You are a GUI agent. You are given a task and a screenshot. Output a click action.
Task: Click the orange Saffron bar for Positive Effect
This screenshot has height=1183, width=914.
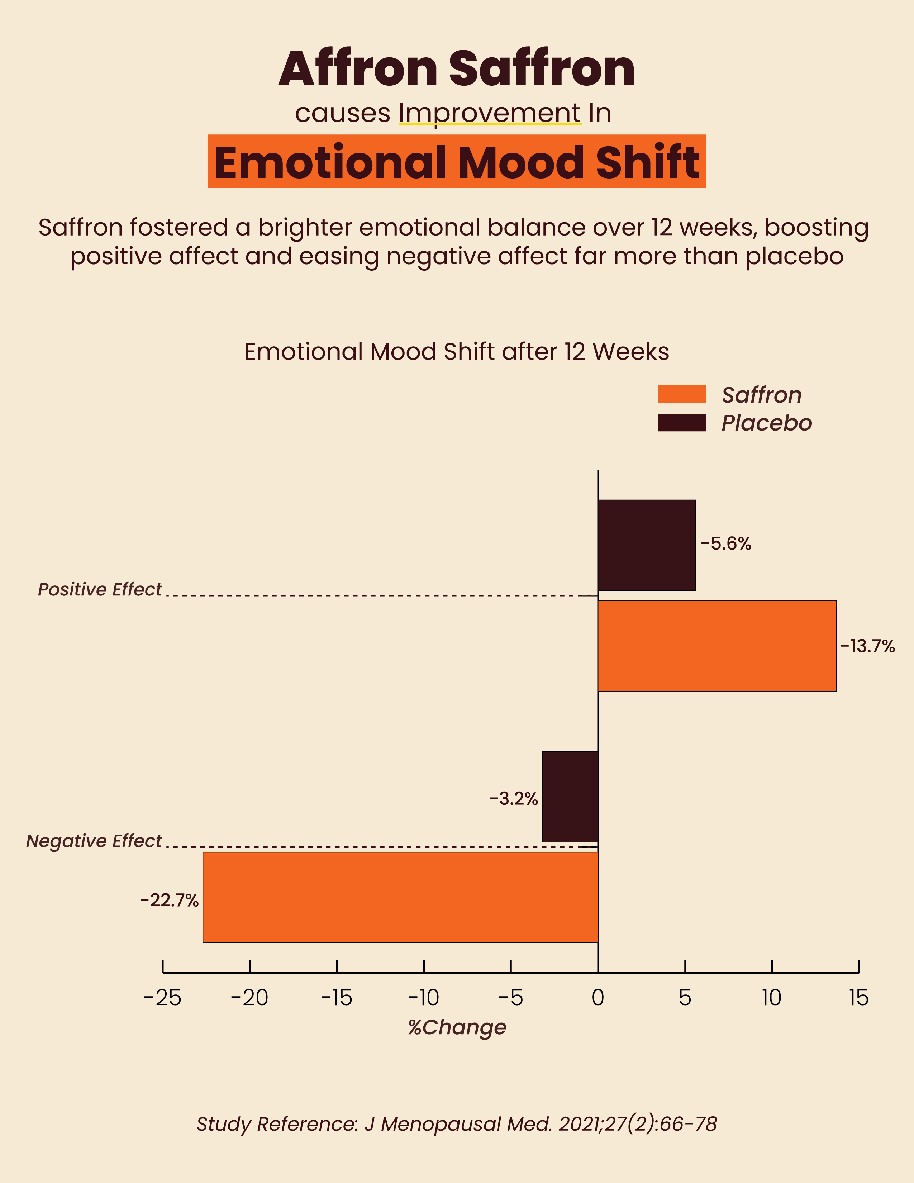pos(717,646)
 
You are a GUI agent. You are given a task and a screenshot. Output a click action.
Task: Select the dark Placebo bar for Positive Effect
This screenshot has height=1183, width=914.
pos(647,545)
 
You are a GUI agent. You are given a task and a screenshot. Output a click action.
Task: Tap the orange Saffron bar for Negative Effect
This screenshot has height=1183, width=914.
pos(400,898)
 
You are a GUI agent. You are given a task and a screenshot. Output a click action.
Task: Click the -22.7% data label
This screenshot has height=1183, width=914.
pos(170,900)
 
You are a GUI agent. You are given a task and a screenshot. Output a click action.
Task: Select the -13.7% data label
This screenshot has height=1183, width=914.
pos(867,646)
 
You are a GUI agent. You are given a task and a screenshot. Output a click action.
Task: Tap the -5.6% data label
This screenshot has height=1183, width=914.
pos(725,544)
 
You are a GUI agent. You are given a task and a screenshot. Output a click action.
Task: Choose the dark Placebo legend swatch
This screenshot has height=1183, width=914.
pos(682,423)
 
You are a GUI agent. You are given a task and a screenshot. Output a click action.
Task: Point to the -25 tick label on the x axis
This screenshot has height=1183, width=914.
pos(162,998)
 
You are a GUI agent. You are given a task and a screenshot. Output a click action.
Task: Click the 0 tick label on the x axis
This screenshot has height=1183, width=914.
pos(598,998)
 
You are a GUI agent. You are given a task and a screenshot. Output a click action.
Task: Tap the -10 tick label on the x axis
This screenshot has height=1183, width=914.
pos(423,998)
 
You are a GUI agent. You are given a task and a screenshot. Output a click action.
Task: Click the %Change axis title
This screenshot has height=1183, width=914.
pos(457,1027)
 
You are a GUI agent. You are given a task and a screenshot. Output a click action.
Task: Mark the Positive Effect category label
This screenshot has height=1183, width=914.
pos(100,589)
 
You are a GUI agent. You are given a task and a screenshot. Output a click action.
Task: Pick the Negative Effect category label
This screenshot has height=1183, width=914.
pos(94,841)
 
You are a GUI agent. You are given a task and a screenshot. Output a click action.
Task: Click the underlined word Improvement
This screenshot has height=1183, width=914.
pos(490,113)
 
